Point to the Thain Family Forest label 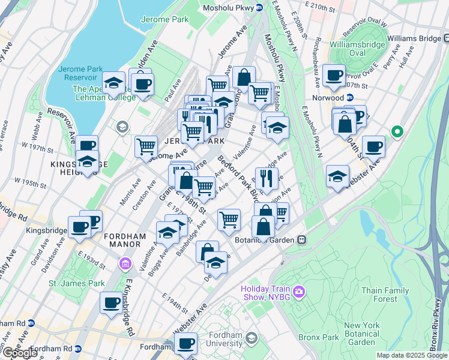pos(388,295)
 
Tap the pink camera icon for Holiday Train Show pos(299,292)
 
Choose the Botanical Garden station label pos(268,240)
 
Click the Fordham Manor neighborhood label pos(125,236)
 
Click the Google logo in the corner pos(20,353)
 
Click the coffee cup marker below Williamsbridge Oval pos(334,76)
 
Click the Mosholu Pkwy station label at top pos(233,7)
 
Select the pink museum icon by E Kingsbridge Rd pos(125,263)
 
